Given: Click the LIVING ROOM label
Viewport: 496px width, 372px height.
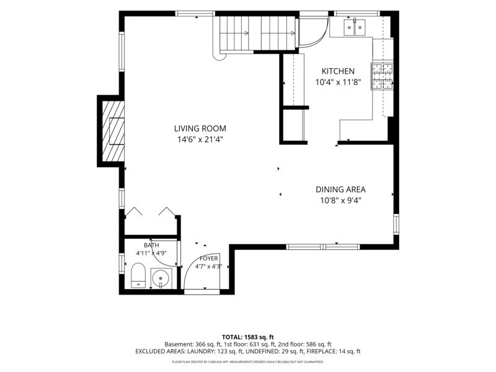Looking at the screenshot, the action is [200, 128].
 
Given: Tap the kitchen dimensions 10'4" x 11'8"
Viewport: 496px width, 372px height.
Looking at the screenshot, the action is [338, 82].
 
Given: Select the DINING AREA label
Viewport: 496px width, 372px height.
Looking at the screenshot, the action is [340, 190].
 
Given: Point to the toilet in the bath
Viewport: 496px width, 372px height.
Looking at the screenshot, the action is [138, 275].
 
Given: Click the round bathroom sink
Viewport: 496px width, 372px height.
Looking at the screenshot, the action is [161, 278].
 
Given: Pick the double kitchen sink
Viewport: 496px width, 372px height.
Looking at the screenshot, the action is [354, 27].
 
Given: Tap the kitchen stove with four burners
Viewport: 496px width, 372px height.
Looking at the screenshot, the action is [383, 76].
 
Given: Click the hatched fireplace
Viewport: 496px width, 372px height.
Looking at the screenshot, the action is [113, 131].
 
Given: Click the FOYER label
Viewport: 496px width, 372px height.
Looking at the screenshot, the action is [209, 259].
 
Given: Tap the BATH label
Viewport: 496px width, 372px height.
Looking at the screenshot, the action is [151, 245].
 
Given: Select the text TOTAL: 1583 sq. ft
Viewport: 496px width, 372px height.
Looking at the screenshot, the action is [247, 337].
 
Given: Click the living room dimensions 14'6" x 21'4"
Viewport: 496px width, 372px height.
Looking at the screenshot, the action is [200, 139].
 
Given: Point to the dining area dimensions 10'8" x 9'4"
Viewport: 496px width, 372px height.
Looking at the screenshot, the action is [340, 200].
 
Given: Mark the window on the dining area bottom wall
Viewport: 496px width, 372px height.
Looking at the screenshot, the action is [323, 247].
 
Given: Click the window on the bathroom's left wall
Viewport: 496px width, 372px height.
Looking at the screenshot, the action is [122, 263].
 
